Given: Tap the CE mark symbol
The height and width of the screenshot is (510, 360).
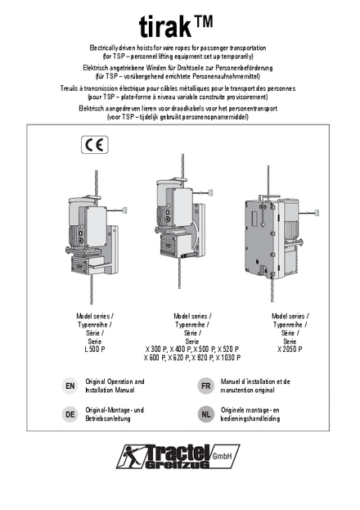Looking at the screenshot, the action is [x=95, y=145].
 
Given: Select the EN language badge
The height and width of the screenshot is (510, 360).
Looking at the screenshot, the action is [x=70, y=386].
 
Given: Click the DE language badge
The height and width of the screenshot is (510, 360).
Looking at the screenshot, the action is [x=70, y=414].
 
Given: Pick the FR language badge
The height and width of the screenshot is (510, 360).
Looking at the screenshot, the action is [x=205, y=386].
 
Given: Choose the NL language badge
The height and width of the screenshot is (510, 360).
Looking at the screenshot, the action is [x=205, y=414].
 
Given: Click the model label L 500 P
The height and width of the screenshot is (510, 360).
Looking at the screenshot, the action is [x=95, y=350].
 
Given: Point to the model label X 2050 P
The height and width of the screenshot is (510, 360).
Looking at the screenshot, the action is [x=290, y=350].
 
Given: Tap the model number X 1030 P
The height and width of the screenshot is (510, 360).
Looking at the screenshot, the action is [x=228, y=358].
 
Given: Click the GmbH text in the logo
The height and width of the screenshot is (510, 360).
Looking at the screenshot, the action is [x=222, y=456].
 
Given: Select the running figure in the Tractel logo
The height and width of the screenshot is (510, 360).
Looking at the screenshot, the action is [x=129, y=456].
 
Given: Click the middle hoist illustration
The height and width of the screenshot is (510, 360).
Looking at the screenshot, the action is [x=183, y=221].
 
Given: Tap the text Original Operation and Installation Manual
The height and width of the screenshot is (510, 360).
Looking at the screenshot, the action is [x=115, y=386].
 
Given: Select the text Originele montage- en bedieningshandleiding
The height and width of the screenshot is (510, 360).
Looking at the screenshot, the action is [x=250, y=414].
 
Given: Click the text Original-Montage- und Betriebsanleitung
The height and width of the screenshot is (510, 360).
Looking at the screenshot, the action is [x=115, y=414].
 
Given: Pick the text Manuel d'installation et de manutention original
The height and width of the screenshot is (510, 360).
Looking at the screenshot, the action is [x=255, y=386].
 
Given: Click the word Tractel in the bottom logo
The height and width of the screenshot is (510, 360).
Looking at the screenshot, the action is [x=178, y=452].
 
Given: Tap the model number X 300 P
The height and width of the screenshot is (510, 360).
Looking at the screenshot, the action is [x=155, y=350].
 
